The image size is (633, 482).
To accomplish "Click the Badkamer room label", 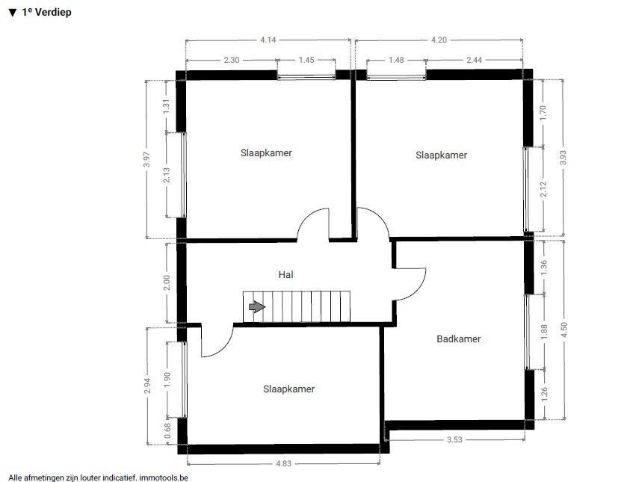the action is click(459, 339).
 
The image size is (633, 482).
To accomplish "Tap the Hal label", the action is click(285, 274).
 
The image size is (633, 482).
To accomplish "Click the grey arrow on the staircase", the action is click(257, 307).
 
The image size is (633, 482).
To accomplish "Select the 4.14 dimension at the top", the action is click(268, 40).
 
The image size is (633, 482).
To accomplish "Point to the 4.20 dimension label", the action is click(439, 40).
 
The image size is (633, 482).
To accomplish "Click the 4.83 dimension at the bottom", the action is click(283, 463).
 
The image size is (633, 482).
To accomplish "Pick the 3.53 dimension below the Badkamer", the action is click(454, 439).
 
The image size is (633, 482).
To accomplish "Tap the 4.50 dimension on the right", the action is click(564, 330).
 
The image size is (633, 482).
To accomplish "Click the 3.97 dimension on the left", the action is click(147, 159).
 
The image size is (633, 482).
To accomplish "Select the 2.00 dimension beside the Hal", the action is click(167, 282).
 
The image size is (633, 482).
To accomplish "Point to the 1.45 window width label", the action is click(306, 60).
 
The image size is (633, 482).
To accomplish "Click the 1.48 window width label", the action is click(396, 60).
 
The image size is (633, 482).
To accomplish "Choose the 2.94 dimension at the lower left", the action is click(147, 386).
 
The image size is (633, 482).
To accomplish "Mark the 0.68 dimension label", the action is click(168, 430).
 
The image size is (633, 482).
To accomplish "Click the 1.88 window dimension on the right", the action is click(544, 332).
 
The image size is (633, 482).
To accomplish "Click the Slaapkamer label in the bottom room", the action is click(288, 389).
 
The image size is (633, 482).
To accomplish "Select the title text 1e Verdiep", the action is click(46, 12).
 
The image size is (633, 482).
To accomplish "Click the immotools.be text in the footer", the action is click(164, 478).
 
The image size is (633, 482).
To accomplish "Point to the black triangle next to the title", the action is click(13, 13).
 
